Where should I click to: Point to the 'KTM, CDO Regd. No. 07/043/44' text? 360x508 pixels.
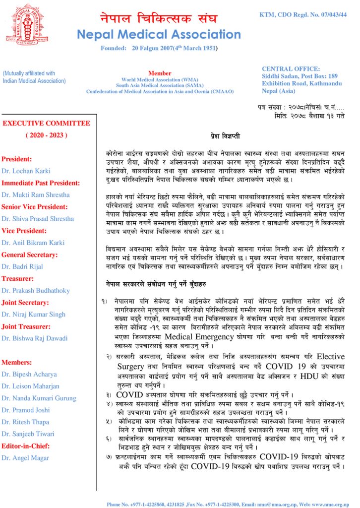tap(303, 15)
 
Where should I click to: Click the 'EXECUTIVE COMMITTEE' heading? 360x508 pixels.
tap(47, 123)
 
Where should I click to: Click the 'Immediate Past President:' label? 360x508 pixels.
tap(40, 183)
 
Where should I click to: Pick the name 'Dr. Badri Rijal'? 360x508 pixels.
tap(23, 266)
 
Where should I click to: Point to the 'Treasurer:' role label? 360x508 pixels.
tap(17, 278)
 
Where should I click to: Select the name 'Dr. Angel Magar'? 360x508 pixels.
tap(25, 457)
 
